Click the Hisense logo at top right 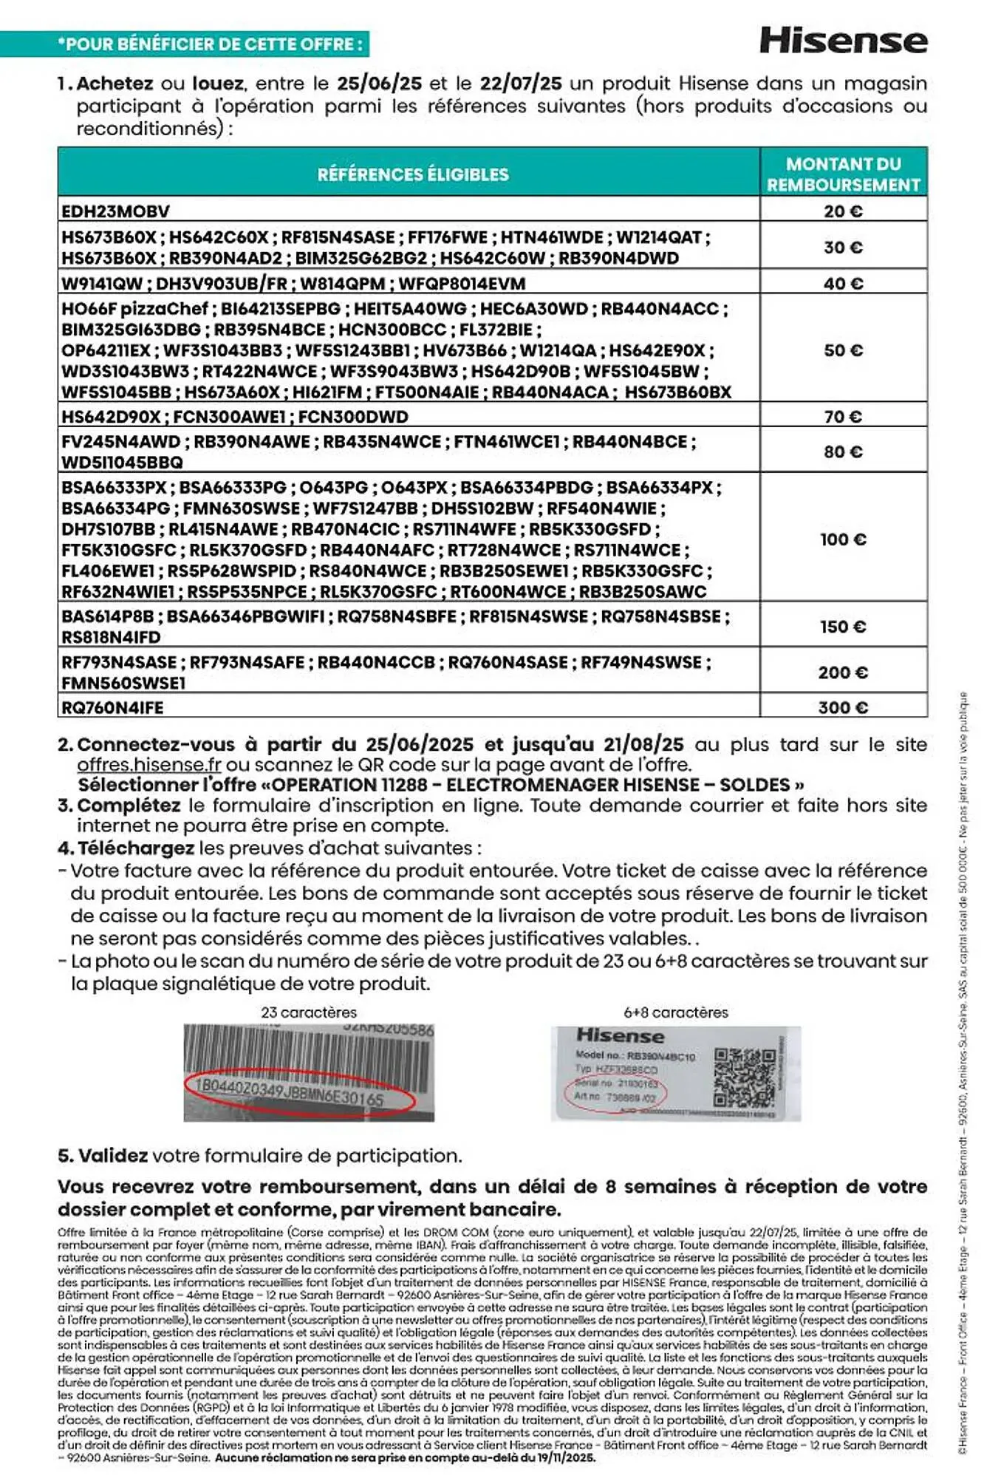click(x=843, y=40)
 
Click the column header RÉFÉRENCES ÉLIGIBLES click(x=413, y=174)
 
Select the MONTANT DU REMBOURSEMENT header click(x=843, y=174)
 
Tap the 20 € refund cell click(x=843, y=211)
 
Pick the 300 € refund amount click(x=843, y=707)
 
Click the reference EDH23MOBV click(x=115, y=211)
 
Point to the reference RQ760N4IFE click(x=112, y=707)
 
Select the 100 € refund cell click(x=843, y=539)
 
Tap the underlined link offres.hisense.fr click(x=150, y=765)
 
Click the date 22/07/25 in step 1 click(x=521, y=84)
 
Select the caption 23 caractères click(x=309, y=1012)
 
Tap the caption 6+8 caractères click(x=675, y=1012)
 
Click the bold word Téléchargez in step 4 click(x=136, y=848)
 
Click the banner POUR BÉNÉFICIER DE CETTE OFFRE click(x=211, y=44)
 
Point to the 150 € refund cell click(x=843, y=627)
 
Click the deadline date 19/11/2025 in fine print click(x=562, y=1458)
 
